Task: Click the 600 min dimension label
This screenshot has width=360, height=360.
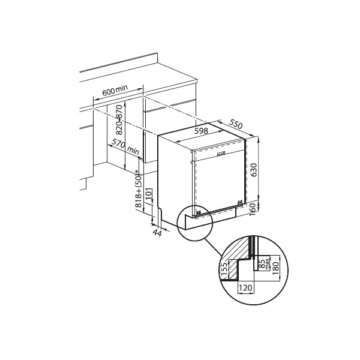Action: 115,90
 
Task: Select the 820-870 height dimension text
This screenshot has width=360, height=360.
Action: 119,119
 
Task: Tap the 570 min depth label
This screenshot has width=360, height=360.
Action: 125,147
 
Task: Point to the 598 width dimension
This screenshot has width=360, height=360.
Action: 201,131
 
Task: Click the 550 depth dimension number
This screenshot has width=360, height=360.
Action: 236,124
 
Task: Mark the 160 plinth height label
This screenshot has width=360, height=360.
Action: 253,209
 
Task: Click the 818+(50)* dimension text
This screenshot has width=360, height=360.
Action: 139,188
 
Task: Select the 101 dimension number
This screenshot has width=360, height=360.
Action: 149,194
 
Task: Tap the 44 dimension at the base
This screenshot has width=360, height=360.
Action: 157,233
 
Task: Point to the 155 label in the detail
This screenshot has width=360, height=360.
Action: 226,269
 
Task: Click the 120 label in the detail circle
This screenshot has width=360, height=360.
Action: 245,287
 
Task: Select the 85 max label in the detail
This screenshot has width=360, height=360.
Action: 263,264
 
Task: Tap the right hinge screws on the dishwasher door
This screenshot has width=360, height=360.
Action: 240,202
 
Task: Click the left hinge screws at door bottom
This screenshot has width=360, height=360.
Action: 199,212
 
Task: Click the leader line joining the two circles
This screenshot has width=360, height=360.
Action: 213,247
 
